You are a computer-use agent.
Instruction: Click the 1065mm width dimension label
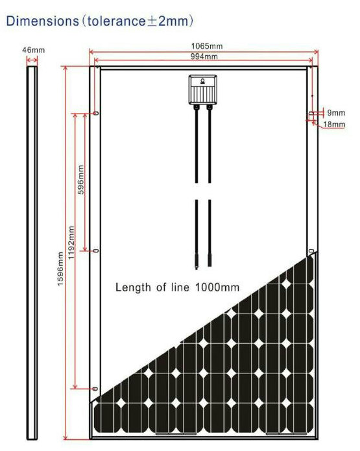pos(207,46)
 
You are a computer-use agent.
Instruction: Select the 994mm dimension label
pos(204,56)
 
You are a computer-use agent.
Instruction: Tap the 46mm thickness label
pos(34,50)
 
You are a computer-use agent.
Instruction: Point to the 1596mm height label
pos(60,269)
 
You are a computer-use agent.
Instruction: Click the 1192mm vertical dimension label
pos(71,243)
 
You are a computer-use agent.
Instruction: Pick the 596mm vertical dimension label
pos(81,180)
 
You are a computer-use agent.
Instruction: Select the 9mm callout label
pos(336,113)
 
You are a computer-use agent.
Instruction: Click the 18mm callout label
pos(334,125)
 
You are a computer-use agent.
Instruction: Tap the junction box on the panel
pos(203,90)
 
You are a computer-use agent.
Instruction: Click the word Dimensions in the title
pos(43,21)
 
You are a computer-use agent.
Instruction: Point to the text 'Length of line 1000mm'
pos(177,287)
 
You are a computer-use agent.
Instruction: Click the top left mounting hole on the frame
pos(96,114)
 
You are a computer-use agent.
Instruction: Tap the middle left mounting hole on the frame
pos(96,251)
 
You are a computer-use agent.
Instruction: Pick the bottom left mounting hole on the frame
pos(95,389)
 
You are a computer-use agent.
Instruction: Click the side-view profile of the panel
pos(32,253)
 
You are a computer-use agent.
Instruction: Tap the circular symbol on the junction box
pos(203,81)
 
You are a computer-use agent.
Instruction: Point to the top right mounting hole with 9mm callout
pos(311,114)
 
